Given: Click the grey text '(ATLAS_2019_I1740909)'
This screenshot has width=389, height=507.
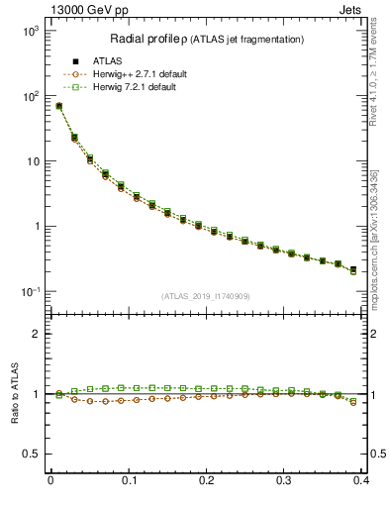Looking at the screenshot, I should (x=206, y=295).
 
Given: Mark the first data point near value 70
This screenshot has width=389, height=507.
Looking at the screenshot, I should (x=58, y=106).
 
